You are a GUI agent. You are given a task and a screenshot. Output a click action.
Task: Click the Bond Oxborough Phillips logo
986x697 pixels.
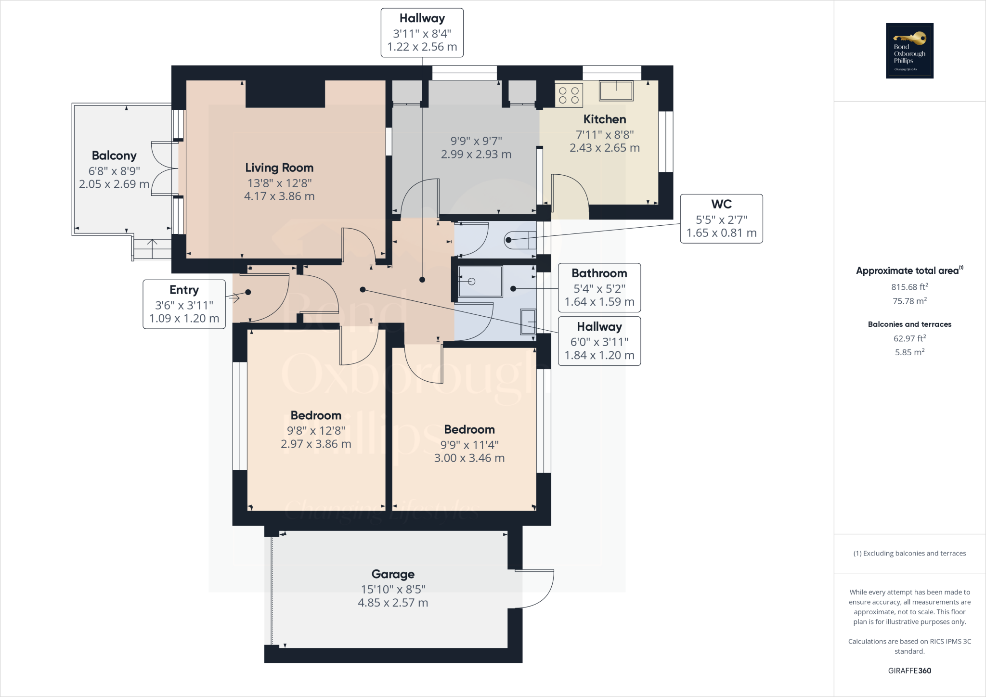[x=909, y=51]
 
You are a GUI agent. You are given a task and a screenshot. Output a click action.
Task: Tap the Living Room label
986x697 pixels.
[x=279, y=168]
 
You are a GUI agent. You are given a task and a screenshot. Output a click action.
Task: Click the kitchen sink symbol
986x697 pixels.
[x=616, y=90]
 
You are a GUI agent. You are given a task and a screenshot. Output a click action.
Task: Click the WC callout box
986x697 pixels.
[x=721, y=219]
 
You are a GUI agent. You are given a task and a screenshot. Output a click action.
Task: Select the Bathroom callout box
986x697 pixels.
[x=599, y=287]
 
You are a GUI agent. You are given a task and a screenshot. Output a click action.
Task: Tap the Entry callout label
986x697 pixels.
[x=184, y=290]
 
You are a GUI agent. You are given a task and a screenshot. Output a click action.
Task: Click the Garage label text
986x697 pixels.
[x=393, y=574]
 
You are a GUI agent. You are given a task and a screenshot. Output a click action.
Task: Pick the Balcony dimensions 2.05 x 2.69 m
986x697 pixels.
[x=114, y=184]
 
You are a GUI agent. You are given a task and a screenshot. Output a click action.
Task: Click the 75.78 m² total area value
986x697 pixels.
[x=909, y=301]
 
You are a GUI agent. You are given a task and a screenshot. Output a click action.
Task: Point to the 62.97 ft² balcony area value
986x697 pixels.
[x=909, y=338]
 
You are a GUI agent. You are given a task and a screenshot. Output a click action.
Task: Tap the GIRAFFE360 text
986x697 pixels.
[x=909, y=671]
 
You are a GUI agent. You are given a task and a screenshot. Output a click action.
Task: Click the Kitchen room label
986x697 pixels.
[x=605, y=119]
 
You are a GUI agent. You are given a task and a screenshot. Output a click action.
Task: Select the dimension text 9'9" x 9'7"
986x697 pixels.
[x=476, y=141]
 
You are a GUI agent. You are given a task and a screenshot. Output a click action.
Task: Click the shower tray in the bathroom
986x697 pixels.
[x=480, y=282]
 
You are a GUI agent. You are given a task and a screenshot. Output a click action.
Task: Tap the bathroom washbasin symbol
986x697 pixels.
[x=528, y=322]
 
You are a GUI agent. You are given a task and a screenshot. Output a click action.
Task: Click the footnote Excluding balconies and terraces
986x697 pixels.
[x=909, y=553]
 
